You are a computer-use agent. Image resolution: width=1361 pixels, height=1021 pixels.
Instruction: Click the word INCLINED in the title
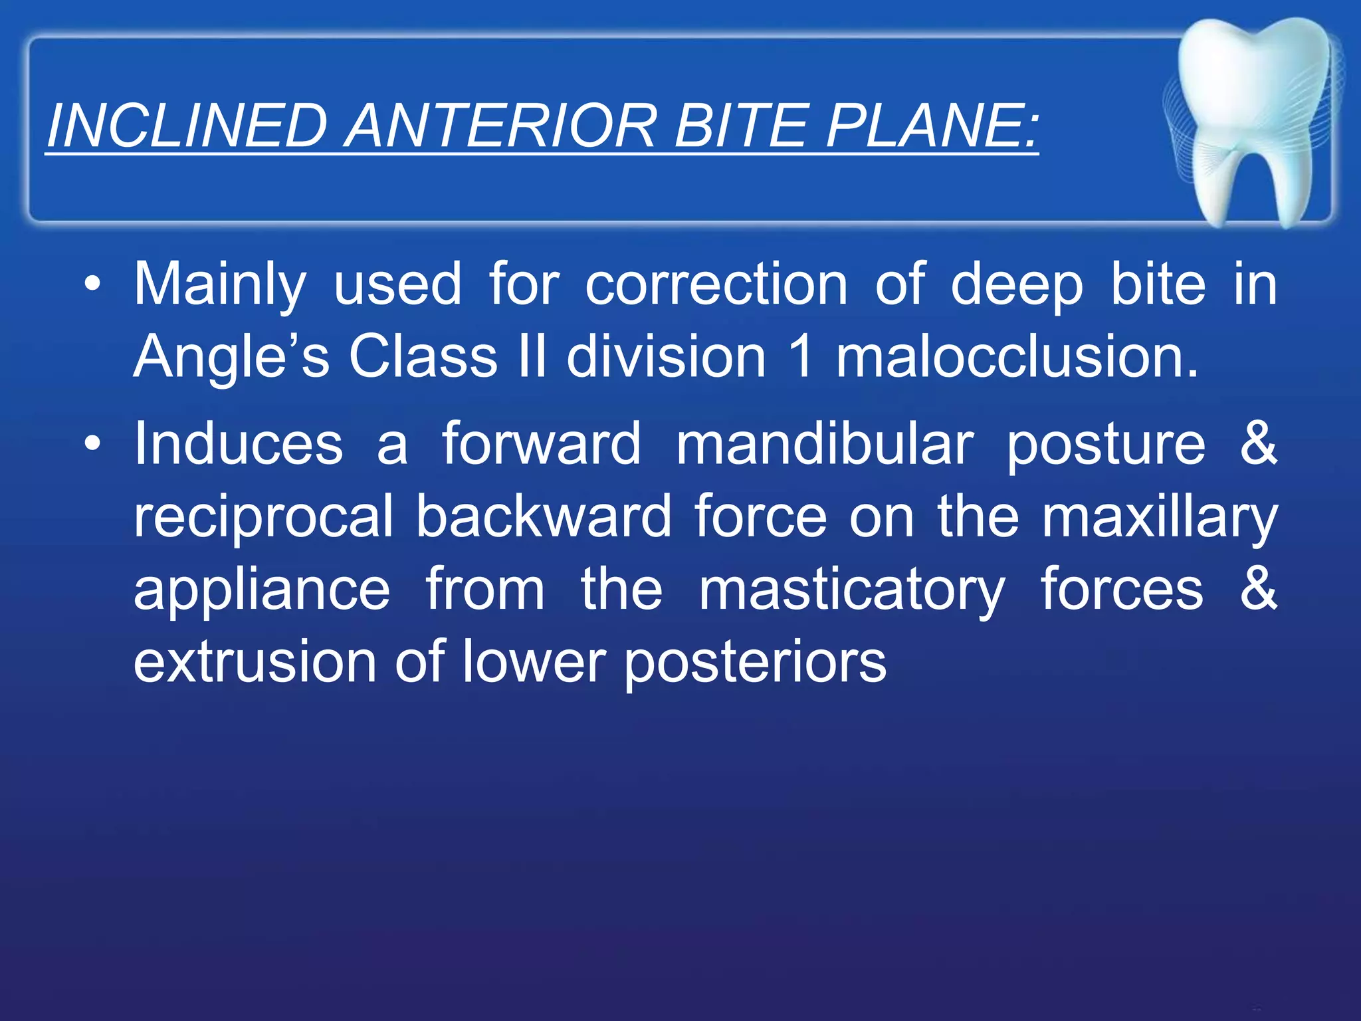pos(187,126)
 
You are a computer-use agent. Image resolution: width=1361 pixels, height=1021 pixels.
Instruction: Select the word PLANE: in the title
pos(931,126)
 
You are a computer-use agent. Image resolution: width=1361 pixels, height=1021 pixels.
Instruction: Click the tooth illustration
pos(1253,120)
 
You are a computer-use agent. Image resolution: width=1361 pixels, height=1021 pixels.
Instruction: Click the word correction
pos(716,284)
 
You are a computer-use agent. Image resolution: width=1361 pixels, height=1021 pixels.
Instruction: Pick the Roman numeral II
pos(532,356)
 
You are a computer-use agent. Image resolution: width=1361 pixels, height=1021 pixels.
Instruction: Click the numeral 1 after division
pos(802,356)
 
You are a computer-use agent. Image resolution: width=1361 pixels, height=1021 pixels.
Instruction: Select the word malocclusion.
pos(1017,356)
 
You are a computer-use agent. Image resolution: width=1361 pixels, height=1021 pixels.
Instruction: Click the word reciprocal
pos(264,517)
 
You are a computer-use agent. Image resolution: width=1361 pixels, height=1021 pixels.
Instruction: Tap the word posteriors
pos(755,663)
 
